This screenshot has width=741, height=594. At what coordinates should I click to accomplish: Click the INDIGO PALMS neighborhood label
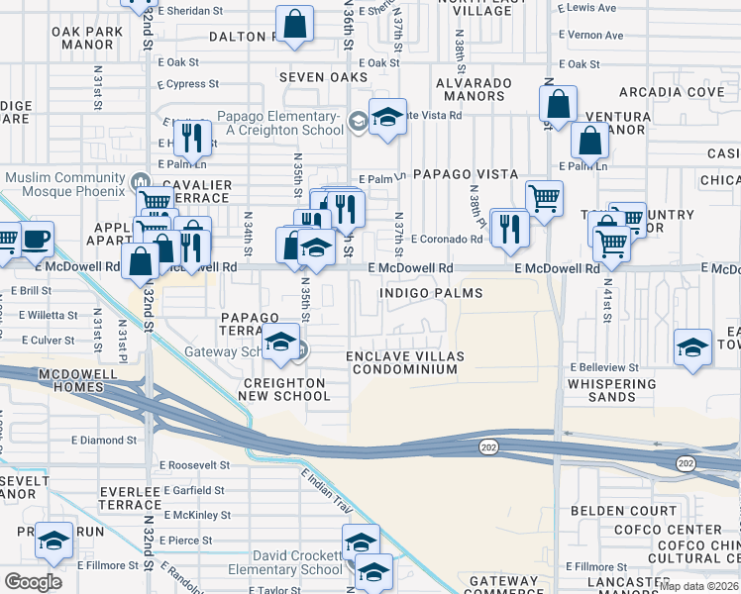pos(431,293)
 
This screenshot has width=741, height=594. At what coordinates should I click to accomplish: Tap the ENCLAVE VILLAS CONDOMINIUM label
pos(403,362)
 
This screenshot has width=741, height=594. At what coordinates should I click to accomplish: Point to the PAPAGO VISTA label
pos(452,173)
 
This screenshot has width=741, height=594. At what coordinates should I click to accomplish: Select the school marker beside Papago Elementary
pos(387,116)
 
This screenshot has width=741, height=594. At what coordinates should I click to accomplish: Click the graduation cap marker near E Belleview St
pos(692,347)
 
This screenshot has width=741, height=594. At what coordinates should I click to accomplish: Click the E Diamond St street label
pos(104,440)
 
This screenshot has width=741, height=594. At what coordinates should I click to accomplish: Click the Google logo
pos(33,581)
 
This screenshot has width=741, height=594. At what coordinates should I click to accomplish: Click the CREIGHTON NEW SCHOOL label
pos(283,389)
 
